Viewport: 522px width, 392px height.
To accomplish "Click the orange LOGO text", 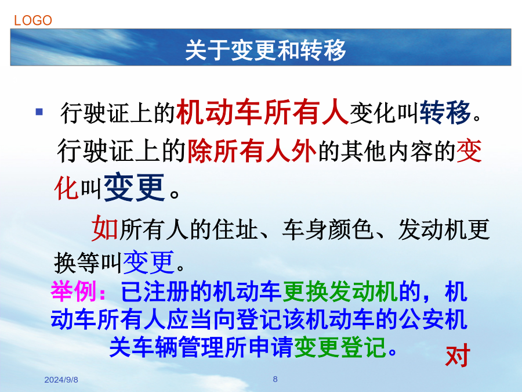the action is tap(33, 21).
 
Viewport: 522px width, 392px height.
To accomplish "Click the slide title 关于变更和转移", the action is tap(266, 50).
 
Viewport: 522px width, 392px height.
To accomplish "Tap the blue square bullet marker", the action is tap(39, 112).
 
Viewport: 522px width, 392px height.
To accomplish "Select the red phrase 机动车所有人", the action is tap(263, 112).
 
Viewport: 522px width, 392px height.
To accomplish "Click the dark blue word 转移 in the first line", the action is tap(445, 112).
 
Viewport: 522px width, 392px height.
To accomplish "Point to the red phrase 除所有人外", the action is tap(252, 150).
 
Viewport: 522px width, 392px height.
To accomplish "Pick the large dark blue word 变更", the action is tap(135, 188).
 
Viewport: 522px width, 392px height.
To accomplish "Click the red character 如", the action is tap(105, 228).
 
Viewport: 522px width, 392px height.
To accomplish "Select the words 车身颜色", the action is tap(328, 229).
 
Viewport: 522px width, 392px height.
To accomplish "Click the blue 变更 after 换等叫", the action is tap(149, 262).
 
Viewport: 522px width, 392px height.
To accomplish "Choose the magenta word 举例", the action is tap(74, 291).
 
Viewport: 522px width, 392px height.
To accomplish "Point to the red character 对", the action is tap(458, 355).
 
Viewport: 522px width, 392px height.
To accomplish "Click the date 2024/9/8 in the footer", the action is tap(61, 380).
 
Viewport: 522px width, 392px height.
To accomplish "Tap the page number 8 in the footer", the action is tap(275, 379).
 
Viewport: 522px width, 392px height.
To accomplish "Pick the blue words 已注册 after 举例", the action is tap(155, 291).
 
